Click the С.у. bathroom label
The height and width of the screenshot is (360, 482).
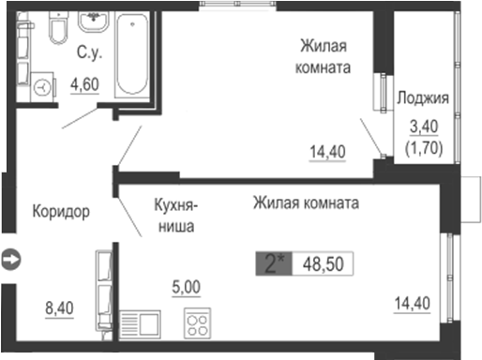89,53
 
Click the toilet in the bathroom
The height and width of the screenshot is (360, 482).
57,30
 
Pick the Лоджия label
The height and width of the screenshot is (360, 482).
422,98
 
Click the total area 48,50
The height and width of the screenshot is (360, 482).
322,263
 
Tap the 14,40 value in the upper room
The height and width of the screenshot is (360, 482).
328,149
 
